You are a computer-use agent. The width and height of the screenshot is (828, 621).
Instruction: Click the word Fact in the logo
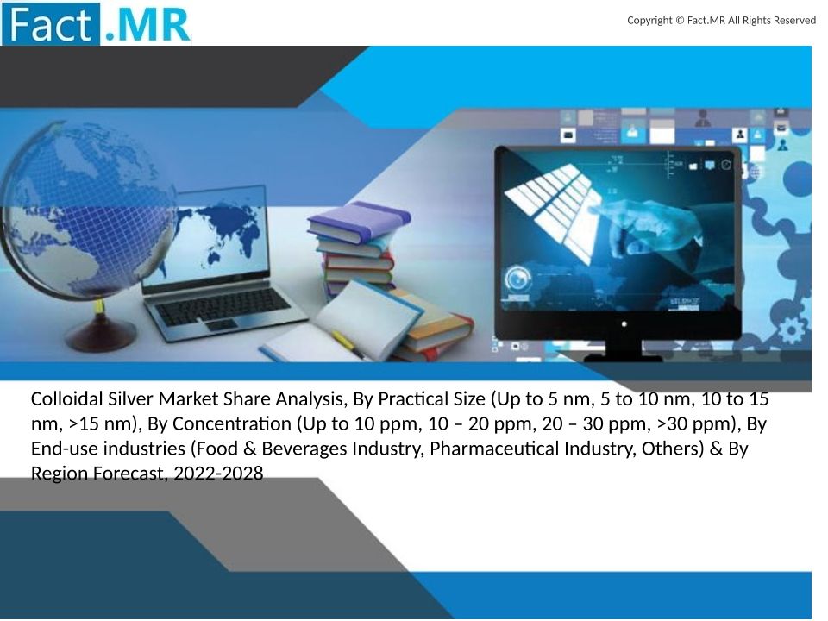coord(51,25)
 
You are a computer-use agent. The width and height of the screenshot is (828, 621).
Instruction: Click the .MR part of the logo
coord(147,25)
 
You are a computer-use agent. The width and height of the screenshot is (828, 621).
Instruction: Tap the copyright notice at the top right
coord(721,20)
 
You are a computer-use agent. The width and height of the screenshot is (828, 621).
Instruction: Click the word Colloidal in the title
coord(67,398)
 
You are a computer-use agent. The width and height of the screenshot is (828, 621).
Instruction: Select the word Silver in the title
coord(131,398)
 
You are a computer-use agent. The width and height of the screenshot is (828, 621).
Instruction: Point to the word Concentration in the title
coord(232,423)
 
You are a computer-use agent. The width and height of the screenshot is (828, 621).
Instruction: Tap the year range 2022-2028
coord(218,474)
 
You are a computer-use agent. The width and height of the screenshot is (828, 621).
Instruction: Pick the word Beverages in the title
coord(304,448)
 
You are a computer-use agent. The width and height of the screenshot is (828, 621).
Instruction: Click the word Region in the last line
coord(60,474)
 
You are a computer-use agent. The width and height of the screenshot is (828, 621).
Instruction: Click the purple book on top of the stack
coord(359,221)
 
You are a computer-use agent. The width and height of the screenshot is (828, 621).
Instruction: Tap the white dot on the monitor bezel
coord(624,324)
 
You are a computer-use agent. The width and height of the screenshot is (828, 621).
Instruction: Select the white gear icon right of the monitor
coord(792,330)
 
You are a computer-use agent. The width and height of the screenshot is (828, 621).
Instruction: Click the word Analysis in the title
coord(311,398)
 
